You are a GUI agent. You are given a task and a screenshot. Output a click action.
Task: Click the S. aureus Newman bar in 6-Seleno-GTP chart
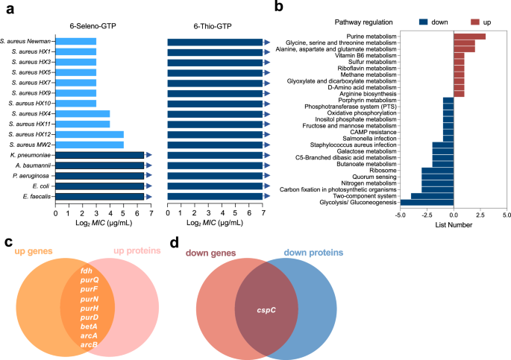[x=75, y=41]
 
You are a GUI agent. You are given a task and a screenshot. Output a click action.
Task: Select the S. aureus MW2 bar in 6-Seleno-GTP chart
[x=90, y=144]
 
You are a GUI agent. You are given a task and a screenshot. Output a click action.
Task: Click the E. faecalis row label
[x=35, y=196]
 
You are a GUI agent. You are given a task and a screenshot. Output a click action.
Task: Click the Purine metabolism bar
[x=469, y=36]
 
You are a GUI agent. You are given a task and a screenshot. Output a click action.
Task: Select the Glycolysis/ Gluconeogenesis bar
[x=427, y=202]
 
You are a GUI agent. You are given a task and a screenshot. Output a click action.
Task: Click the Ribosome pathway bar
[x=437, y=170]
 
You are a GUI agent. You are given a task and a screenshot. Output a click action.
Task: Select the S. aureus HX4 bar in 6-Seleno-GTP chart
[x=83, y=113]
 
